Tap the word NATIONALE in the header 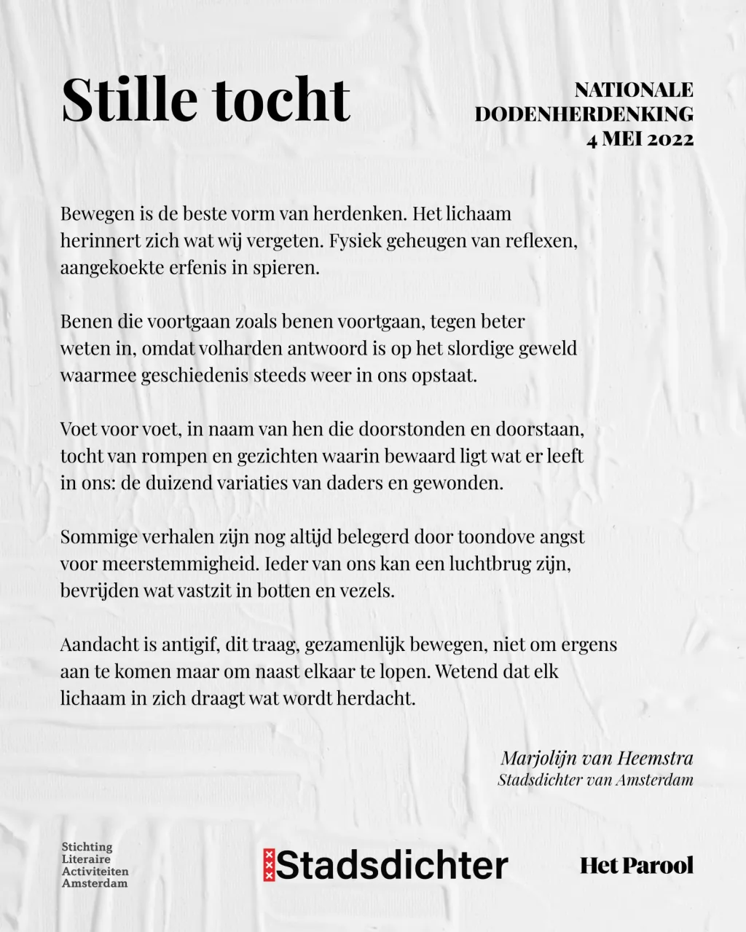(x=634, y=90)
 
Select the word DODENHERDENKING (x=584, y=114)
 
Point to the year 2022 (x=665, y=138)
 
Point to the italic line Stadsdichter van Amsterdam (x=595, y=780)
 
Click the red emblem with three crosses (x=269, y=865)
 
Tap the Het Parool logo (x=636, y=866)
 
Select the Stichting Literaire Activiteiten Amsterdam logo (x=95, y=865)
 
